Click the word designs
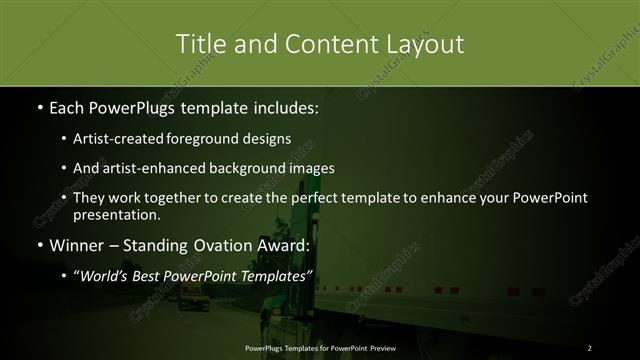coord(268,138)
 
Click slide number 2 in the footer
coord(590,347)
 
